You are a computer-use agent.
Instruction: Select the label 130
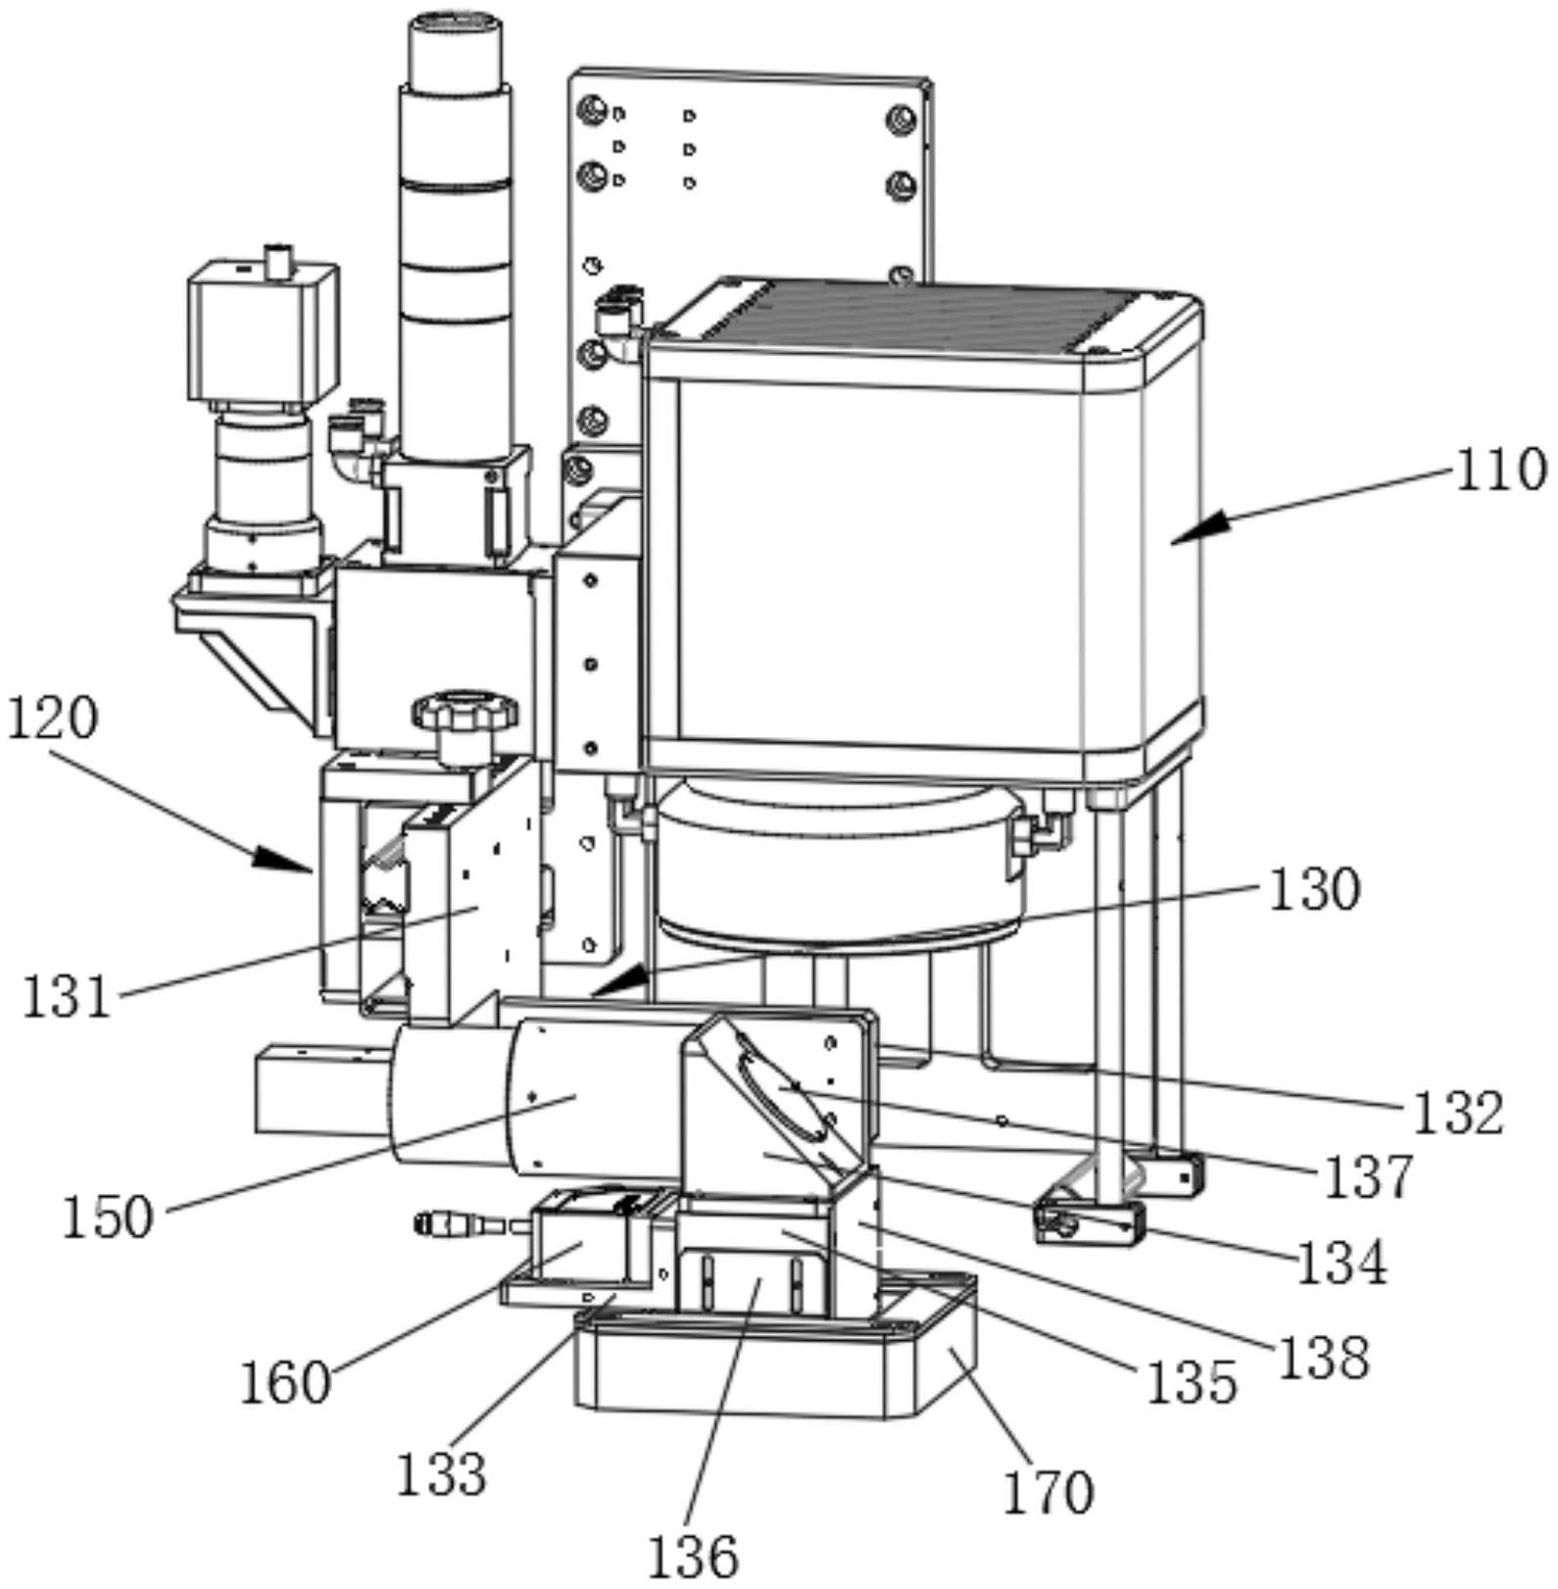[x=1314, y=890]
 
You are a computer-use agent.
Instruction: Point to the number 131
[x=67, y=997]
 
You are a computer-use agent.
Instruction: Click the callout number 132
[x=1457, y=1113]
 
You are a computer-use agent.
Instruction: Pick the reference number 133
[x=441, y=1472]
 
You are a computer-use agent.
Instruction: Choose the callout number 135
[x=1192, y=1382]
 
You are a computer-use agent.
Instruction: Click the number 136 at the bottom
[x=693, y=1556]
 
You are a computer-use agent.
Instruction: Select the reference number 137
[x=1369, y=1175]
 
